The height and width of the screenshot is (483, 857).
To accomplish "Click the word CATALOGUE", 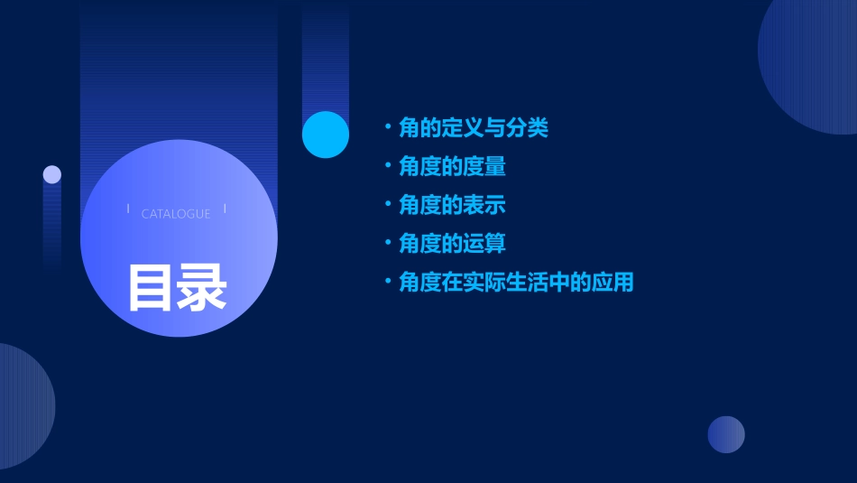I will (x=176, y=214).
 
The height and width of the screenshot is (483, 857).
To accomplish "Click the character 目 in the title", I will (x=150, y=288).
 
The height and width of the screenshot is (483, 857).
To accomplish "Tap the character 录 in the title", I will (x=202, y=288).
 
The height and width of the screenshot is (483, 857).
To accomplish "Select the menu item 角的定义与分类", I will (x=474, y=128).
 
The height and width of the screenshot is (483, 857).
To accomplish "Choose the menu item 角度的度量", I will (x=452, y=167).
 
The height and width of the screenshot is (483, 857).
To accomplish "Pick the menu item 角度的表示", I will (x=452, y=205).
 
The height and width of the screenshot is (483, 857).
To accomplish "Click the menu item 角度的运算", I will (x=452, y=244).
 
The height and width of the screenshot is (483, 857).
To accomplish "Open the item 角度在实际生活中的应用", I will (x=516, y=283).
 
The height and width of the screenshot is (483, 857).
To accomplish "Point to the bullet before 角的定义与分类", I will (x=387, y=127).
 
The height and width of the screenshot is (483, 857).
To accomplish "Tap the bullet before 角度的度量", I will (x=387, y=166).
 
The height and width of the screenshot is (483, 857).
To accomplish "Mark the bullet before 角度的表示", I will (x=387, y=205).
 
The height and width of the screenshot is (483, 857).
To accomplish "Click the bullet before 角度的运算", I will (x=387, y=243).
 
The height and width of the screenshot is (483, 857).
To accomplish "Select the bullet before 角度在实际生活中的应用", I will (x=387, y=282).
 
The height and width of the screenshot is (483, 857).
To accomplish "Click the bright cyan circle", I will (x=326, y=135).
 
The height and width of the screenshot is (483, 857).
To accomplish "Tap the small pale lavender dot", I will (x=52, y=174).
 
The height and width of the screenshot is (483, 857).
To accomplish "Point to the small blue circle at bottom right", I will (x=726, y=434).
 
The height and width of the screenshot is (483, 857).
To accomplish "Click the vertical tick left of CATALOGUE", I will (x=128, y=209).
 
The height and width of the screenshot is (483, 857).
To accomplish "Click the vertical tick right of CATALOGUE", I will (x=225, y=209).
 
